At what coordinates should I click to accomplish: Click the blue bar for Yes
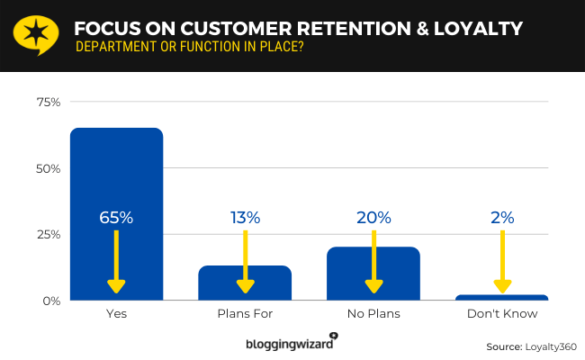tap(117, 180)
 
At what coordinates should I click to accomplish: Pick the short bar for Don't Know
tap(502, 297)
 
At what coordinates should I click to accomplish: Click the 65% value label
tap(117, 218)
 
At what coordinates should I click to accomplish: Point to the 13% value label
tap(245, 218)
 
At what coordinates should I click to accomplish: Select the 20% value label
tap(373, 218)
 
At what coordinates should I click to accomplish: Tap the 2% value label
tap(502, 218)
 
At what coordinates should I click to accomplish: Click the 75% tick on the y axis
tap(49, 103)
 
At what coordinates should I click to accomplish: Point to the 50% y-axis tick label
tap(49, 168)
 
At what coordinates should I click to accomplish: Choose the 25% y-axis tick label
tap(49, 234)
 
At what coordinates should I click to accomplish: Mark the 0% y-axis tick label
tap(51, 300)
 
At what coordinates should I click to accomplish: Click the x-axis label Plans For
tap(245, 314)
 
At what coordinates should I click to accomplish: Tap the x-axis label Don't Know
tap(502, 314)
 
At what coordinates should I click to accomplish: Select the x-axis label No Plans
tap(373, 314)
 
